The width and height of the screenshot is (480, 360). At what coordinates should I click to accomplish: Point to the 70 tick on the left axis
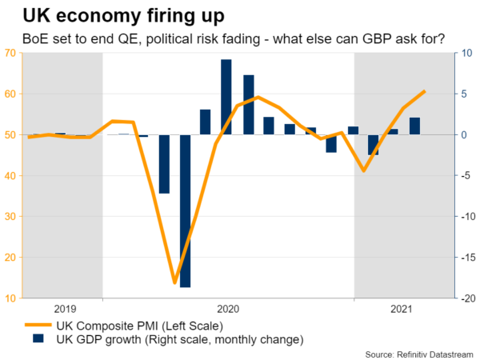tap(11, 53)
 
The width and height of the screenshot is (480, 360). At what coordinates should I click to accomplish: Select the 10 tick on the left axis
tap(11, 298)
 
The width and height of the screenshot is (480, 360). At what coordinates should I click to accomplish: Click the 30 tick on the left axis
tap(11, 217)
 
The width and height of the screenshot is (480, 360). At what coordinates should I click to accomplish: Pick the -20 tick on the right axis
tap(465, 298)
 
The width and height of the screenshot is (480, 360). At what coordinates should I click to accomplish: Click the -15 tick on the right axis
tap(465, 258)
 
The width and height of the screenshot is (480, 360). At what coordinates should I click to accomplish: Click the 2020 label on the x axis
tap(228, 309)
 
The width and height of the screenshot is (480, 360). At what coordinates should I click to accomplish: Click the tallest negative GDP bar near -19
tap(185, 211)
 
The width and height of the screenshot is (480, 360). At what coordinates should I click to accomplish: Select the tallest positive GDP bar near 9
tap(226, 97)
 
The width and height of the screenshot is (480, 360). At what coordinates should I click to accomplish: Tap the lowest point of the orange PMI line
tap(174, 282)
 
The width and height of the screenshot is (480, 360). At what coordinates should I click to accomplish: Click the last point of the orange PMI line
tap(423, 92)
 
